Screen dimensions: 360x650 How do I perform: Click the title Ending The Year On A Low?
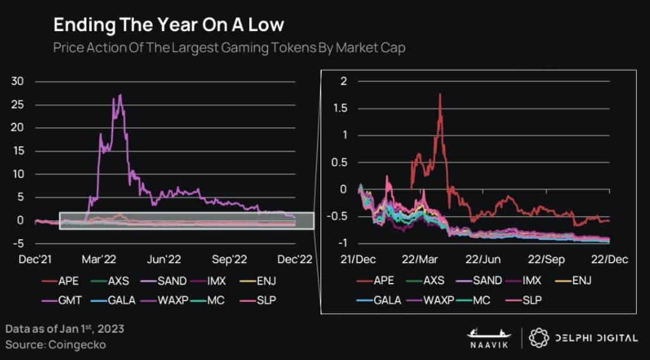click(168, 25)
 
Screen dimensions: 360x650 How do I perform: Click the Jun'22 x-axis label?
click(166, 259)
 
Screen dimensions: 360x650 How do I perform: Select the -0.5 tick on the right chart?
click(339, 216)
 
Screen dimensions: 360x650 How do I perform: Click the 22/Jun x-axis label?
click(482, 259)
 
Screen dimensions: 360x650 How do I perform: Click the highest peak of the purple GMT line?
click(121, 95)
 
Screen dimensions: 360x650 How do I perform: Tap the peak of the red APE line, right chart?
click(439, 94)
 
